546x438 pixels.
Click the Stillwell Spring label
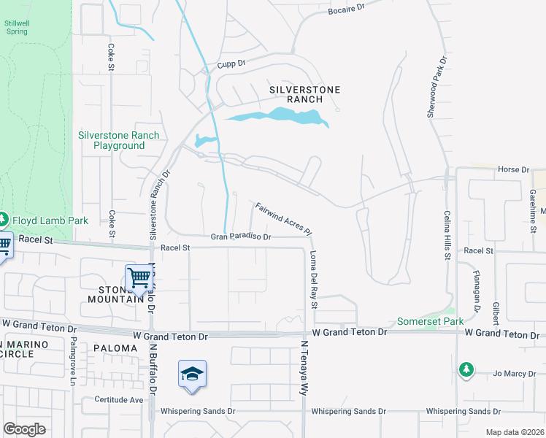[x=16, y=26]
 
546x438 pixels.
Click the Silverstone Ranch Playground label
[x=119, y=140]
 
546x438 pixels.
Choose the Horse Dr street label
[x=512, y=170]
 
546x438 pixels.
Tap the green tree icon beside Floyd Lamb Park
[x=3, y=219]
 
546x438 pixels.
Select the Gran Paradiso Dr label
[x=241, y=237]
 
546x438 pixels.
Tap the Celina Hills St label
[x=447, y=234]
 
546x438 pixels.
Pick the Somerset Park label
[x=431, y=321]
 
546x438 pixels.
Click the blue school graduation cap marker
[x=192, y=374]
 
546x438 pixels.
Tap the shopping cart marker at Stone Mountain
[x=139, y=277]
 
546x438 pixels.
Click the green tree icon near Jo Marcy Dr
[x=466, y=370]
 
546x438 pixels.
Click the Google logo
[x=24, y=429]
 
